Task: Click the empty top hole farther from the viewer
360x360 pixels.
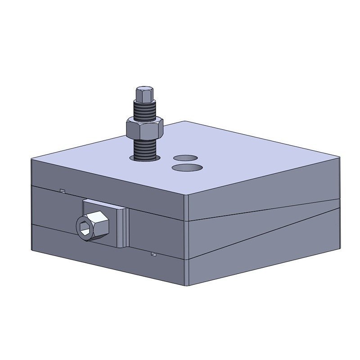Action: (x=186, y=158)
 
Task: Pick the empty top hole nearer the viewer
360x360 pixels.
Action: (x=187, y=167)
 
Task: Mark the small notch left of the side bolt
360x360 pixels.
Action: (x=63, y=191)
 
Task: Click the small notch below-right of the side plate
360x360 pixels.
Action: (x=154, y=255)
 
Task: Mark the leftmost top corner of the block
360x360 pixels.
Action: (x=31, y=159)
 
